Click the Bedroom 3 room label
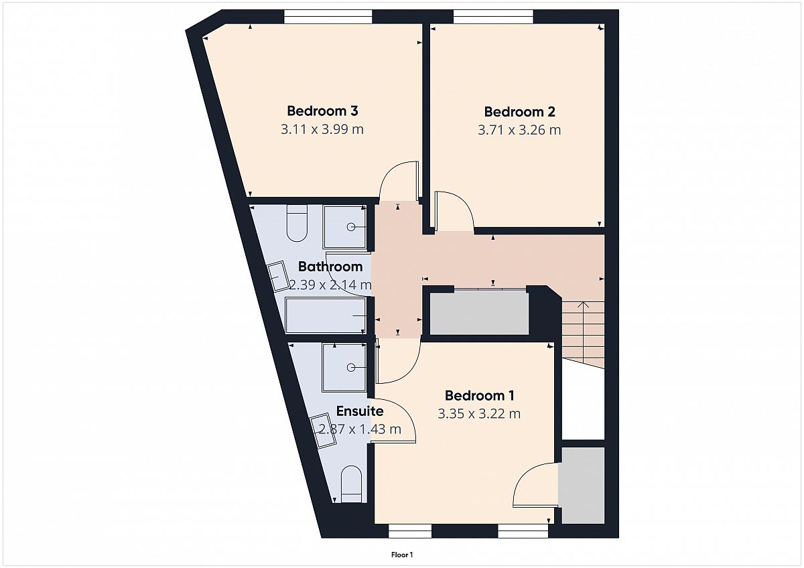322,111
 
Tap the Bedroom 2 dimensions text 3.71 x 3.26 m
519,130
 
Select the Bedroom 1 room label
479,396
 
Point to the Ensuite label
360,411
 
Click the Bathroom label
330,267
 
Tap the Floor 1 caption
402,555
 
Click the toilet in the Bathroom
297,223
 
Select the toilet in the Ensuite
350,484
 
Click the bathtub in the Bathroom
326,315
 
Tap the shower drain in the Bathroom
351,227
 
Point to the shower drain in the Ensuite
351,368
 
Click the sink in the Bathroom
279,277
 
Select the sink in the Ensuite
323,431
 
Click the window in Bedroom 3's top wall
328,17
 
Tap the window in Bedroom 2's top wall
493,17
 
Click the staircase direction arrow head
584,305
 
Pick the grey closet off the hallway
479,312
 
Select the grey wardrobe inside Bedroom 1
583,485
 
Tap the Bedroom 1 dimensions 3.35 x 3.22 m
479,414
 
